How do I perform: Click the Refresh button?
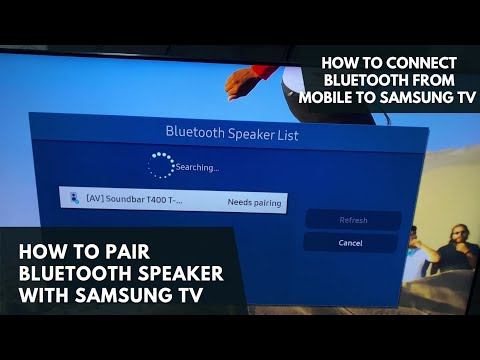click(x=353, y=220)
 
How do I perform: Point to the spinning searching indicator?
click(x=160, y=164)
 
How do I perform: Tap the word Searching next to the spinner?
click(x=197, y=167)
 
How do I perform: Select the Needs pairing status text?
click(x=254, y=203)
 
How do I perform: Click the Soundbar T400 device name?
click(x=134, y=201)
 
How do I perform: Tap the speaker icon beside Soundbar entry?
click(x=74, y=200)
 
